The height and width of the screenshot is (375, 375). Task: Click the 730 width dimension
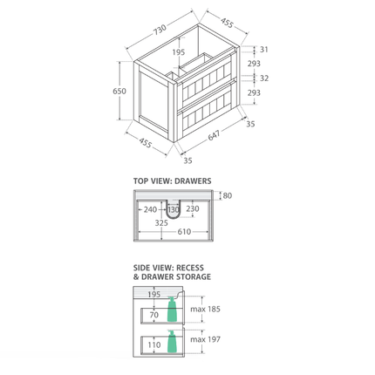160,30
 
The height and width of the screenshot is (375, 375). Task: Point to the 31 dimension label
263,50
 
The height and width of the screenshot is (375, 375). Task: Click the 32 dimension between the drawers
263,78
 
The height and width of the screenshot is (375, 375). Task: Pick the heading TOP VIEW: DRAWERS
172,181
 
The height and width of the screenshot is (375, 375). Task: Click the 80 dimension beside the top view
228,195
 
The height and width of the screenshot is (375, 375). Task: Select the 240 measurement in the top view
151,209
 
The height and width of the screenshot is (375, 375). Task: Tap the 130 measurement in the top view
173,209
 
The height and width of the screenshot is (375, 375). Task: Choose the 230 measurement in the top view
193,209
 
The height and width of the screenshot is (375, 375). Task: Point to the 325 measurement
162,222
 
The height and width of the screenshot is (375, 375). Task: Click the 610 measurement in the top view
184,232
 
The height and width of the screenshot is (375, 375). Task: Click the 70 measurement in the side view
153,315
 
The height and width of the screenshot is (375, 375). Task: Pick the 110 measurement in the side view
153,344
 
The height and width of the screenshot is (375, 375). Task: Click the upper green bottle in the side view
172,310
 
